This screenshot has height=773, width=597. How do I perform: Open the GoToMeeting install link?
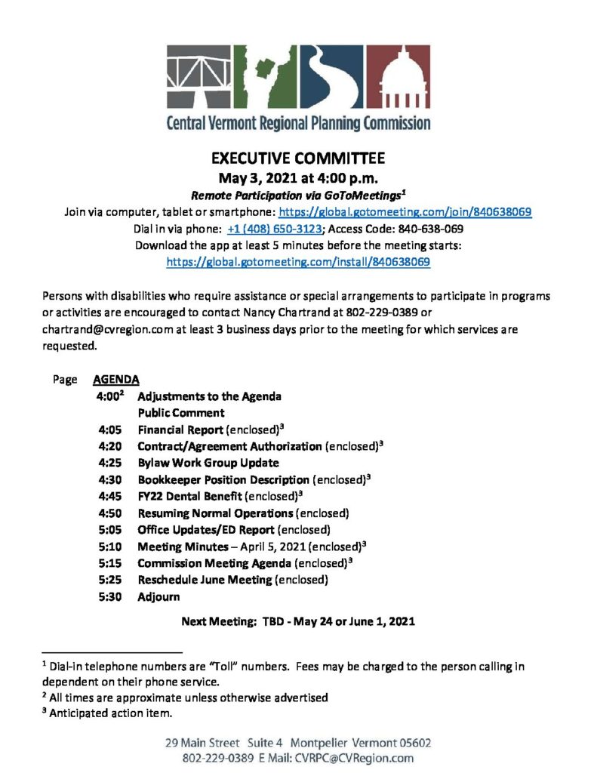(x=298, y=262)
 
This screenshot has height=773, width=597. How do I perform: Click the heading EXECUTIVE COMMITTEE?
(x=298, y=159)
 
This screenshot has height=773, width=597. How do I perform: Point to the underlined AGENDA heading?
(x=115, y=380)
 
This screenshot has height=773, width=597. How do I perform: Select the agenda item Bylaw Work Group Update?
(x=208, y=463)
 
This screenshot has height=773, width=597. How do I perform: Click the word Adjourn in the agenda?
(x=158, y=596)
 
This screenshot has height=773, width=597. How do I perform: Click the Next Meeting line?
(x=298, y=623)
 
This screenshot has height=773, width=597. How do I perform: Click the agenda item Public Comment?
(x=180, y=413)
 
